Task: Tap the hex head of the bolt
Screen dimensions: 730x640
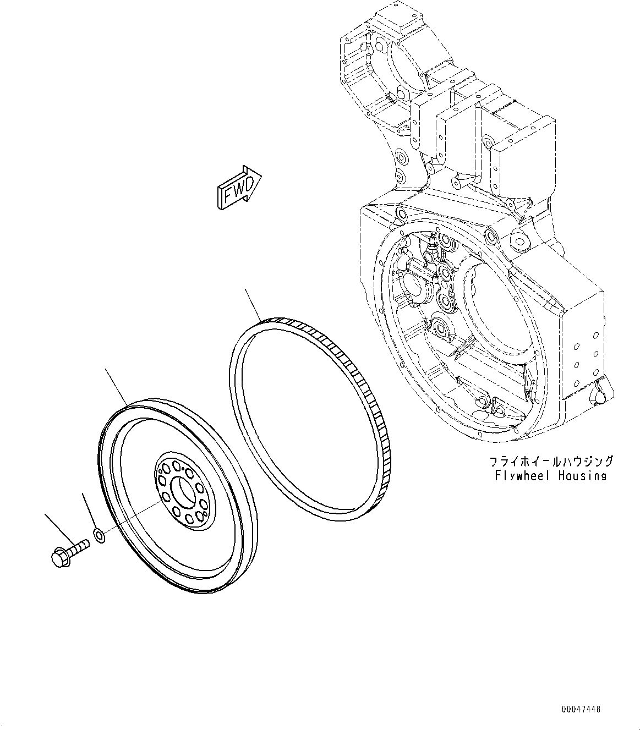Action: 58,557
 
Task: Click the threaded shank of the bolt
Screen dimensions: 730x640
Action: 78,547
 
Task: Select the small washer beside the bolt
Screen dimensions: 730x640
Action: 99,535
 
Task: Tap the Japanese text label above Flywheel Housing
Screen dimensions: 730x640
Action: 550,461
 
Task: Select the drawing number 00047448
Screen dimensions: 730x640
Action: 581,709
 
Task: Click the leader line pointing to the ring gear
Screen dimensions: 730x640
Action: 254,304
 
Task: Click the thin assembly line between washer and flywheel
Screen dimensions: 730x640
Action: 132,518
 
